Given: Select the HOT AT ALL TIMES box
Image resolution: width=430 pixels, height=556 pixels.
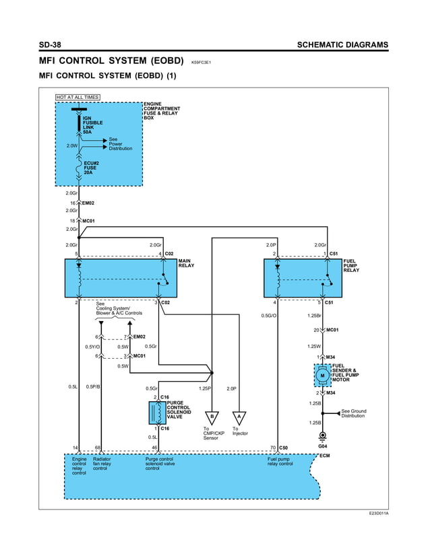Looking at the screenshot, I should (x=78, y=97).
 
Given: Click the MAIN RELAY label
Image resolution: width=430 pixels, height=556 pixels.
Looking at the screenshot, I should (x=186, y=263).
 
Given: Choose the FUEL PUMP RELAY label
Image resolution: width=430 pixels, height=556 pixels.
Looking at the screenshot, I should (x=351, y=265).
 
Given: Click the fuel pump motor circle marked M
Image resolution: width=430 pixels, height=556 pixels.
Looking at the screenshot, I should (x=322, y=375).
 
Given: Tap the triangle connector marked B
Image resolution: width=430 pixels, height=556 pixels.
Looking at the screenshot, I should (x=212, y=417).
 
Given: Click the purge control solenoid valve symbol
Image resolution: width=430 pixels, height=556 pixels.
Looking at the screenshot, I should (x=157, y=413).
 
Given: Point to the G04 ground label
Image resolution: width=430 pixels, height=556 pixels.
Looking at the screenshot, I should (x=322, y=446).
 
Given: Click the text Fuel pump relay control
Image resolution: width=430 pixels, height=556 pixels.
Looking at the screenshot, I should (x=280, y=461).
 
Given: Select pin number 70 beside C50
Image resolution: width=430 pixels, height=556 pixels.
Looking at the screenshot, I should (x=272, y=447).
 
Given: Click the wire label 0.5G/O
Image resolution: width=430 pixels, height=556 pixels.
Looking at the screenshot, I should (x=269, y=315).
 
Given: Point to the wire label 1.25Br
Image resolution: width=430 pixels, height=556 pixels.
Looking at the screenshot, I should (x=314, y=315).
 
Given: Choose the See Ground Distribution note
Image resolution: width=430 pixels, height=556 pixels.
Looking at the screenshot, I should (x=354, y=413).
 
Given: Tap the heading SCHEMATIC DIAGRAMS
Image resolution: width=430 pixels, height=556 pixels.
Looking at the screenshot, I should (x=342, y=45).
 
